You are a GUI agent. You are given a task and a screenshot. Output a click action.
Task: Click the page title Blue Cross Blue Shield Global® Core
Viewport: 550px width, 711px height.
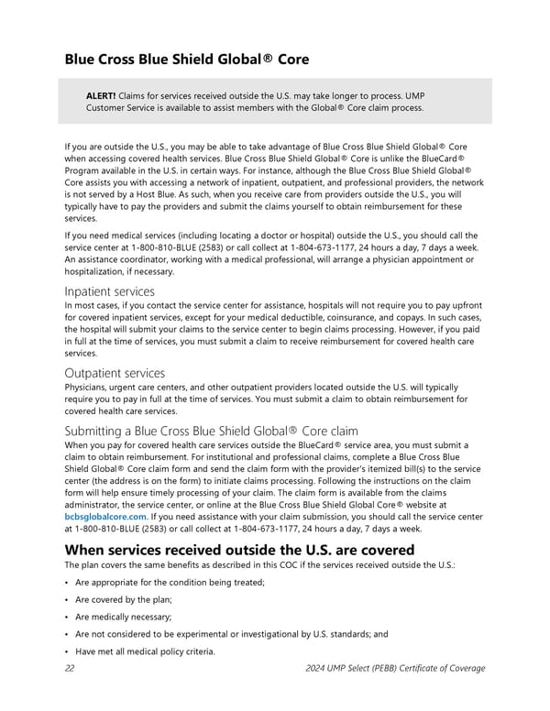(186, 60)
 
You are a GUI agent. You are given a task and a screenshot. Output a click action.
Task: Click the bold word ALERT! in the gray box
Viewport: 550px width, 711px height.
(100, 95)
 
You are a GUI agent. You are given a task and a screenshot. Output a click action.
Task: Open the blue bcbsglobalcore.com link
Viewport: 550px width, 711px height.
(105, 516)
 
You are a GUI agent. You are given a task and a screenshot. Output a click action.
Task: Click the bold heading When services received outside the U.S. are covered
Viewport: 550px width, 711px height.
(240, 550)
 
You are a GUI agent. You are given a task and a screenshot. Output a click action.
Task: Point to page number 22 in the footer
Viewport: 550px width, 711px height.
(70, 668)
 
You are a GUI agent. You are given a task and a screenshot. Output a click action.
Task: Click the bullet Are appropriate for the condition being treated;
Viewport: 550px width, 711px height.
(170, 583)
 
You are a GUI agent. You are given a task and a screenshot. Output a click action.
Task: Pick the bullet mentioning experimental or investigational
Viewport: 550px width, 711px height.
(232, 633)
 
